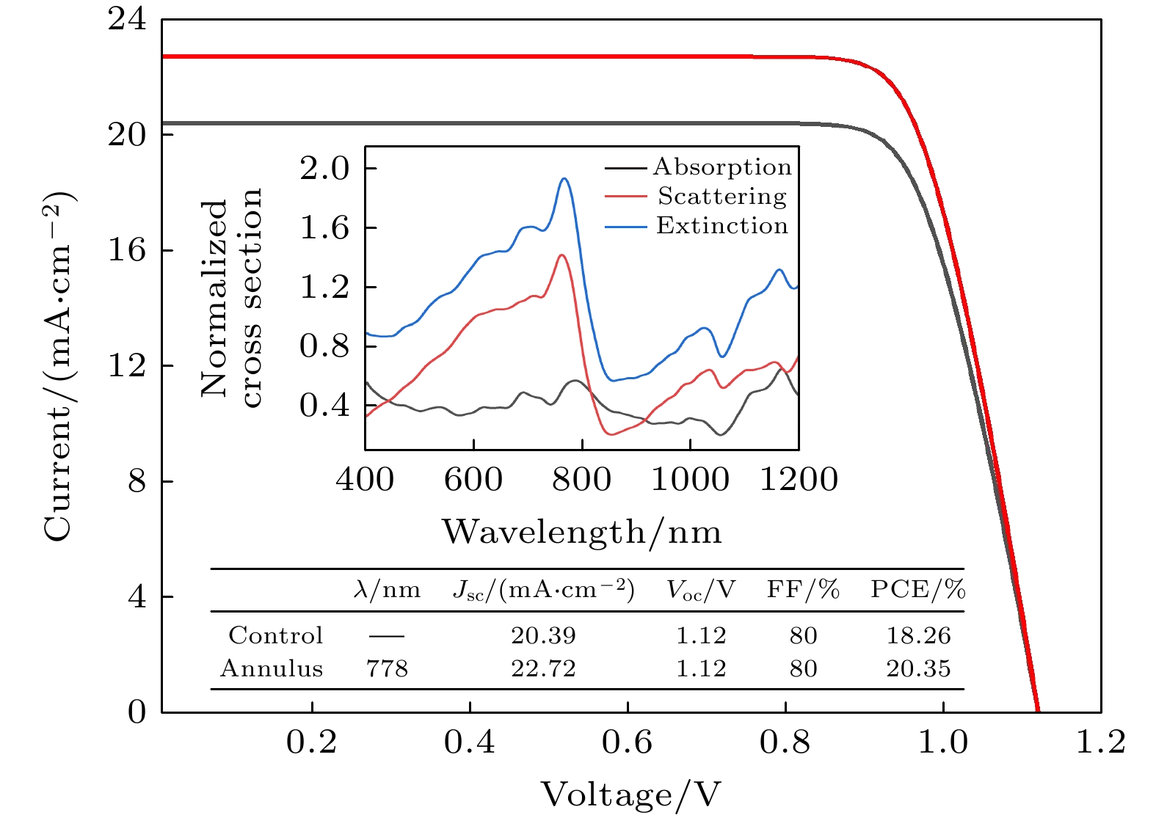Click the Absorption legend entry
[x=722, y=167]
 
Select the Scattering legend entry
[x=722, y=197]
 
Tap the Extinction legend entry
[x=722, y=226]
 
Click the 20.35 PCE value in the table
[x=918, y=669]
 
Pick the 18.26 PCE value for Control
[x=918, y=636]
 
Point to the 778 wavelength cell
[x=387, y=669]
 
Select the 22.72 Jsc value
[x=543, y=669]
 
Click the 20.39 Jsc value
[x=543, y=636]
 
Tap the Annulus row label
[x=272, y=669]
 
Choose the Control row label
[x=275, y=636]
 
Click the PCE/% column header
[x=917, y=590]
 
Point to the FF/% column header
[x=803, y=590]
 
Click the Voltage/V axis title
[x=630, y=794]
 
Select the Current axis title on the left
[x=59, y=367]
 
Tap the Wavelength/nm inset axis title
[x=581, y=532]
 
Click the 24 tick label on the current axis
[x=127, y=20]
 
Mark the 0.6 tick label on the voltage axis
[x=627, y=743]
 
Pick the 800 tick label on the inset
[x=581, y=480]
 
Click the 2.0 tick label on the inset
[x=324, y=169]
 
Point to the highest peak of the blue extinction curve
[x=564, y=178]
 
